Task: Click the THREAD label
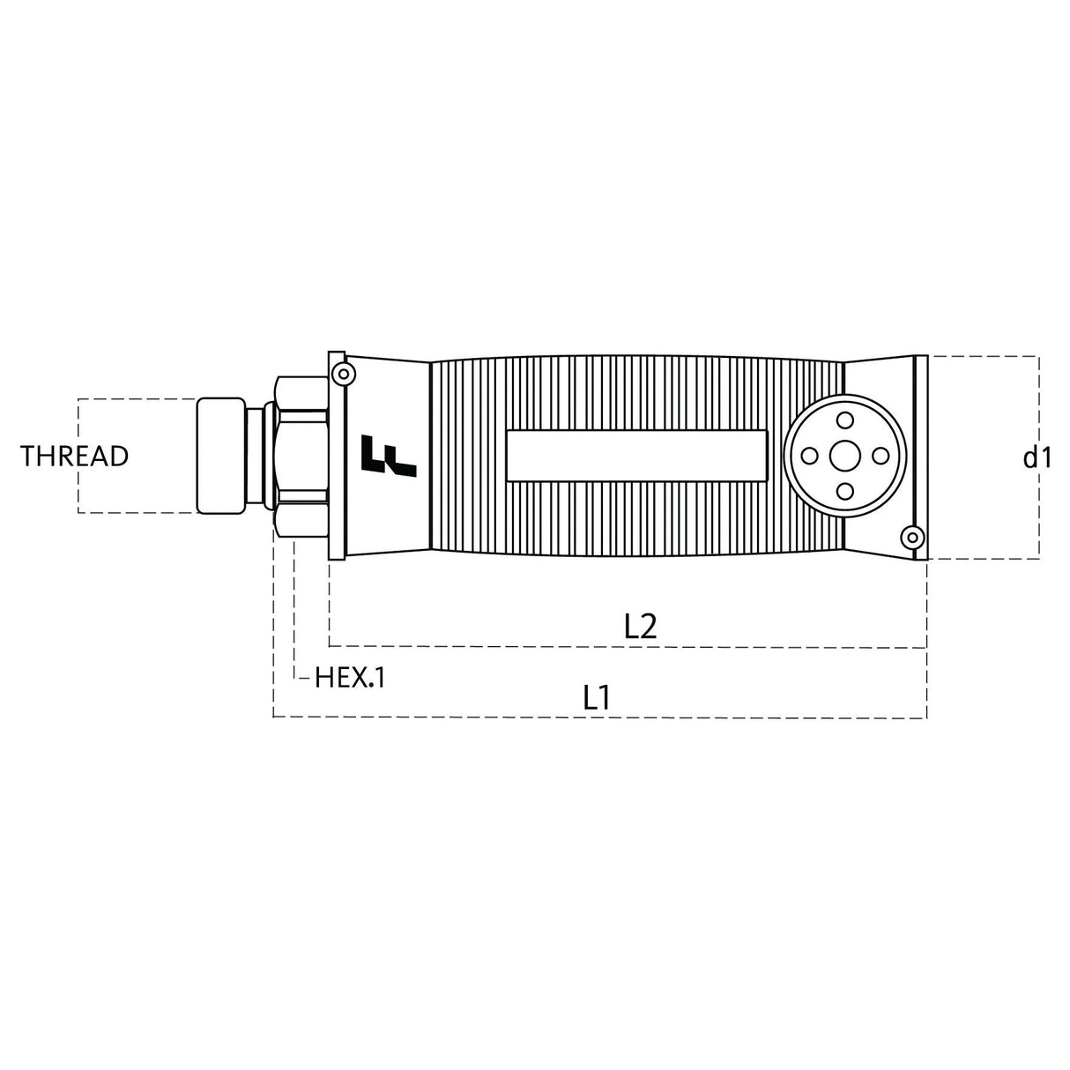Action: point(75,457)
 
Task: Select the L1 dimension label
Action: point(597,698)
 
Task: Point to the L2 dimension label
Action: point(641,626)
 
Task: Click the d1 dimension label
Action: point(1037,457)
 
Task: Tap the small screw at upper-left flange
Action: point(340,374)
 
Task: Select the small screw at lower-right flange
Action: point(913,536)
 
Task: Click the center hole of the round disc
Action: point(844,456)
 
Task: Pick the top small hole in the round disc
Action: point(844,420)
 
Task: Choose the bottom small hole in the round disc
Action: point(844,492)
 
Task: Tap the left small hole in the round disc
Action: point(808,456)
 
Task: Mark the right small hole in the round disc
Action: point(881,456)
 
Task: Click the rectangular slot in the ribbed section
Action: point(636,456)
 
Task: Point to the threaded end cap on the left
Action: point(219,456)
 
